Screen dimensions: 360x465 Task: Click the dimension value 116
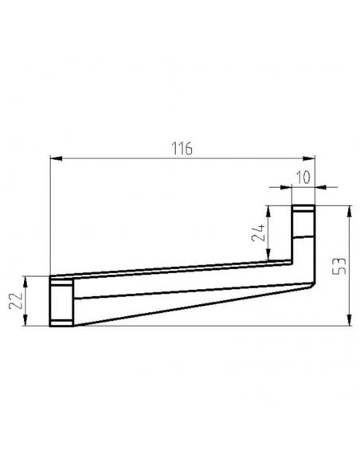click(182, 149)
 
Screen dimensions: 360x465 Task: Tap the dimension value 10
click(303, 178)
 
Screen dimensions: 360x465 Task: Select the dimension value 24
click(258, 232)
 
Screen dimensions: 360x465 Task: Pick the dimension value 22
click(15, 301)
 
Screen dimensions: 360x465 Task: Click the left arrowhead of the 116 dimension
click(56, 158)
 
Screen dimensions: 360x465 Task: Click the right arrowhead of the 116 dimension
click(309, 158)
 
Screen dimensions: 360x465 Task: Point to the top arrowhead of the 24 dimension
click(268, 212)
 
